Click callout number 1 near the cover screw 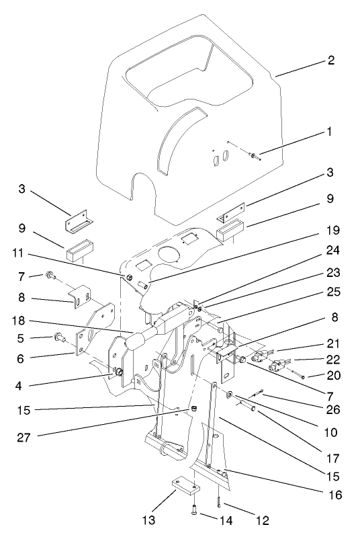[x=329, y=132]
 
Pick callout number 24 [x=334, y=249]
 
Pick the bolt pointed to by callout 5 [x=58, y=336]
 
